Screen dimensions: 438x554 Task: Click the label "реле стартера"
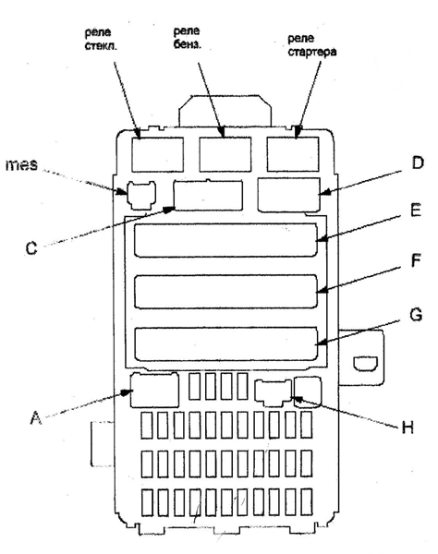click(x=311, y=45)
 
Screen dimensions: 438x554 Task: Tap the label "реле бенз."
click(x=187, y=38)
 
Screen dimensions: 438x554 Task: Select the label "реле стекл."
click(x=101, y=39)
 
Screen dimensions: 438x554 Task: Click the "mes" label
click(x=21, y=165)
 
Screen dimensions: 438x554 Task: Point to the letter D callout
click(x=418, y=163)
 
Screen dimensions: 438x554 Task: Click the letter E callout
click(x=416, y=210)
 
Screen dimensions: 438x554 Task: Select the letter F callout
click(x=416, y=260)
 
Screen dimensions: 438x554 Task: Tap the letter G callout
click(x=416, y=314)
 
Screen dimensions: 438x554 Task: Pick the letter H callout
click(x=408, y=428)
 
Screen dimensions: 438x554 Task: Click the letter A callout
click(x=35, y=418)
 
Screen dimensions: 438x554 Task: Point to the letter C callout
click(x=31, y=248)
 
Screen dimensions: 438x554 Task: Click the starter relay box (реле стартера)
click(x=293, y=154)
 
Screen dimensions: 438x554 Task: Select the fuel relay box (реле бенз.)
click(x=225, y=154)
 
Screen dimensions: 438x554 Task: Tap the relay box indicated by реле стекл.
click(x=158, y=155)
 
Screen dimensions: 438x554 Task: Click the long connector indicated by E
click(x=225, y=240)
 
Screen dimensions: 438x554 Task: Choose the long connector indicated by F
click(x=225, y=292)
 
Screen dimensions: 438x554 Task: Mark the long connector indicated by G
click(x=225, y=344)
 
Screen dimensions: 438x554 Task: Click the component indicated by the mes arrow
click(x=141, y=195)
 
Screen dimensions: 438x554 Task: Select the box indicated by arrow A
click(x=154, y=390)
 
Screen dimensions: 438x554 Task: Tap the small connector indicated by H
click(x=273, y=392)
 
